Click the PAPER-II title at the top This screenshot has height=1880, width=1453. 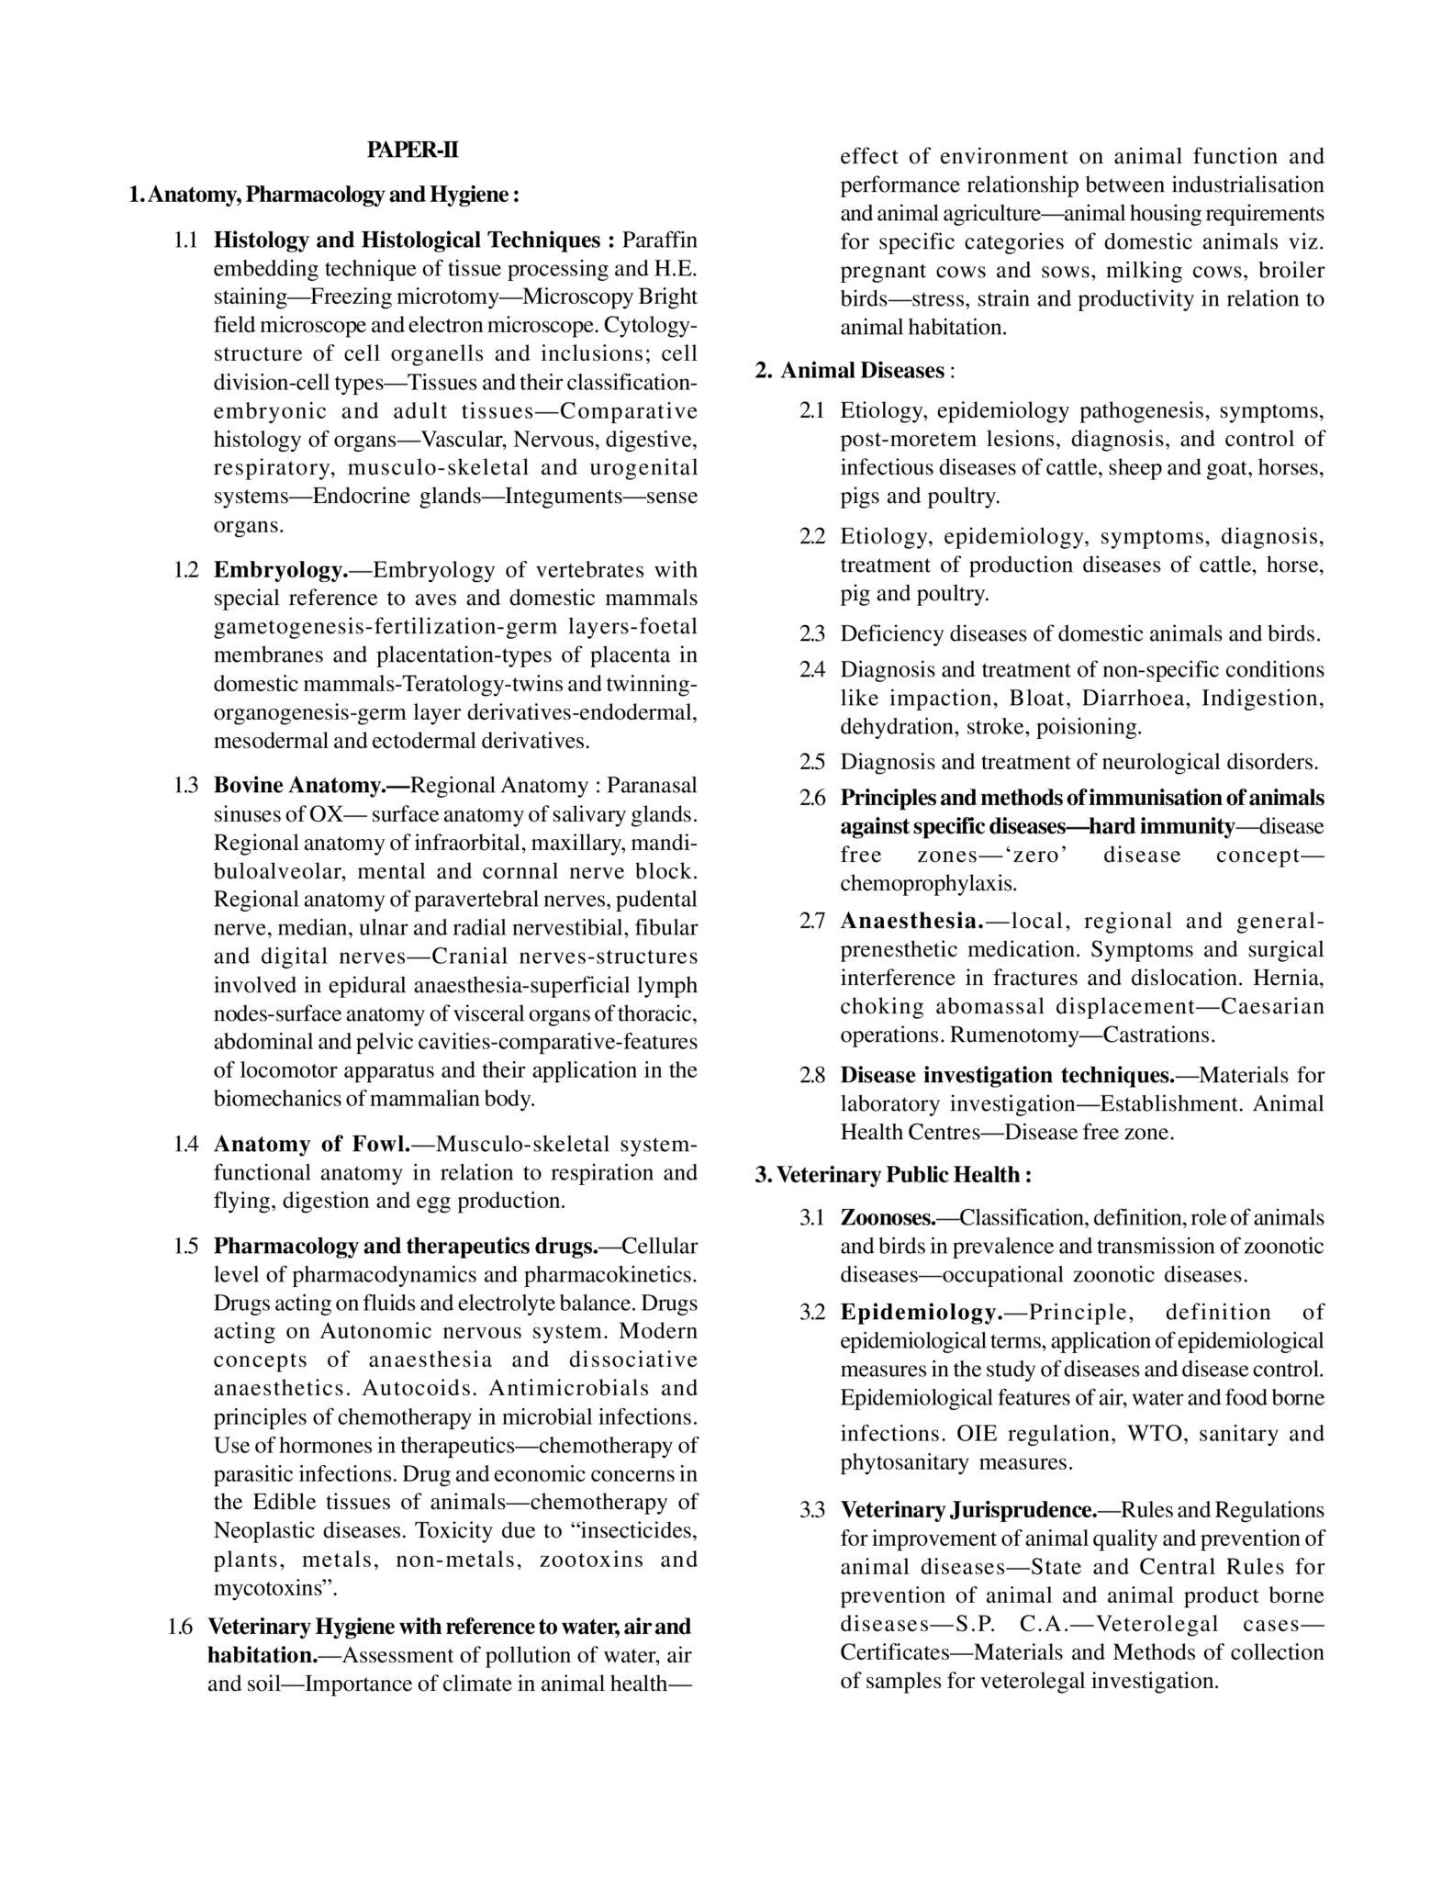pyautogui.click(x=412, y=151)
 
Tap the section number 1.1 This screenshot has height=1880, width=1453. pyautogui.click(x=186, y=241)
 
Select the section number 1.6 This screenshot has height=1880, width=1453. pyautogui.click(x=181, y=1628)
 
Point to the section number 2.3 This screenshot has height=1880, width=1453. pyautogui.click(x=813, y=634)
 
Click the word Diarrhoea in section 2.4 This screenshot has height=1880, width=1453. pyautogui.click(x=1123, y=699)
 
